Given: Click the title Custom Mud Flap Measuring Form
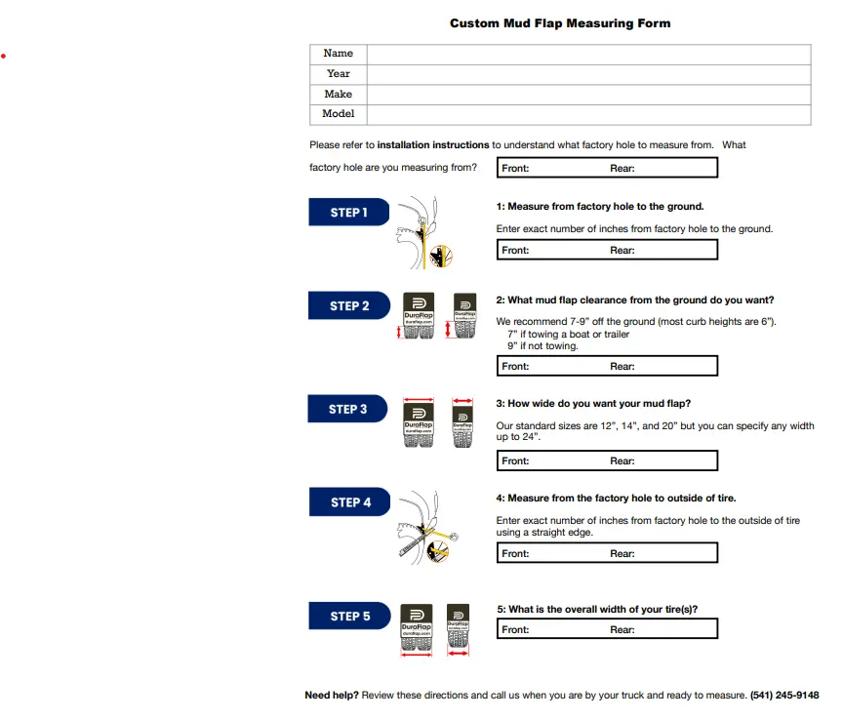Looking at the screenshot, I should pos(559,23).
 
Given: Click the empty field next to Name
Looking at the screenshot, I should pos(588,54).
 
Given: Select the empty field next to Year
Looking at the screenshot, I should pos(588,74).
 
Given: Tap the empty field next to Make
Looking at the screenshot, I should pos(588,95).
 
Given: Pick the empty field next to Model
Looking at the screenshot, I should pos(588,114).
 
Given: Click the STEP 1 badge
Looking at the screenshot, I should pos(348,213).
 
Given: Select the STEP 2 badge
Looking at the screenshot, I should pos(348,306).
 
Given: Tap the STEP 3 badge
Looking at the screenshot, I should pos(347,410).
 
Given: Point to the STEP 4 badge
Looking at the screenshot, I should pos(349,502).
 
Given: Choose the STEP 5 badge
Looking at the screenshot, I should pos(349,617).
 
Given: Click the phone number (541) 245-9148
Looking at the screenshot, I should pos(784,696).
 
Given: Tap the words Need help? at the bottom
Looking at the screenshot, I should pos(331,696).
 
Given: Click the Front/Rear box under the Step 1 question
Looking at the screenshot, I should pos(607,251).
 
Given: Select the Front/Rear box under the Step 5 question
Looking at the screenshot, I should pos(607,630).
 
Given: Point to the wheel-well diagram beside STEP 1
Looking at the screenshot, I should pos(425,234).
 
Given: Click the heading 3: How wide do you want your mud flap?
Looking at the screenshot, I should pos(593,404).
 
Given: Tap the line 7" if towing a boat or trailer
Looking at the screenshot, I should pos(568,335).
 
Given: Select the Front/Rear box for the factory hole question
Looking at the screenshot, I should pos(607,169).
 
